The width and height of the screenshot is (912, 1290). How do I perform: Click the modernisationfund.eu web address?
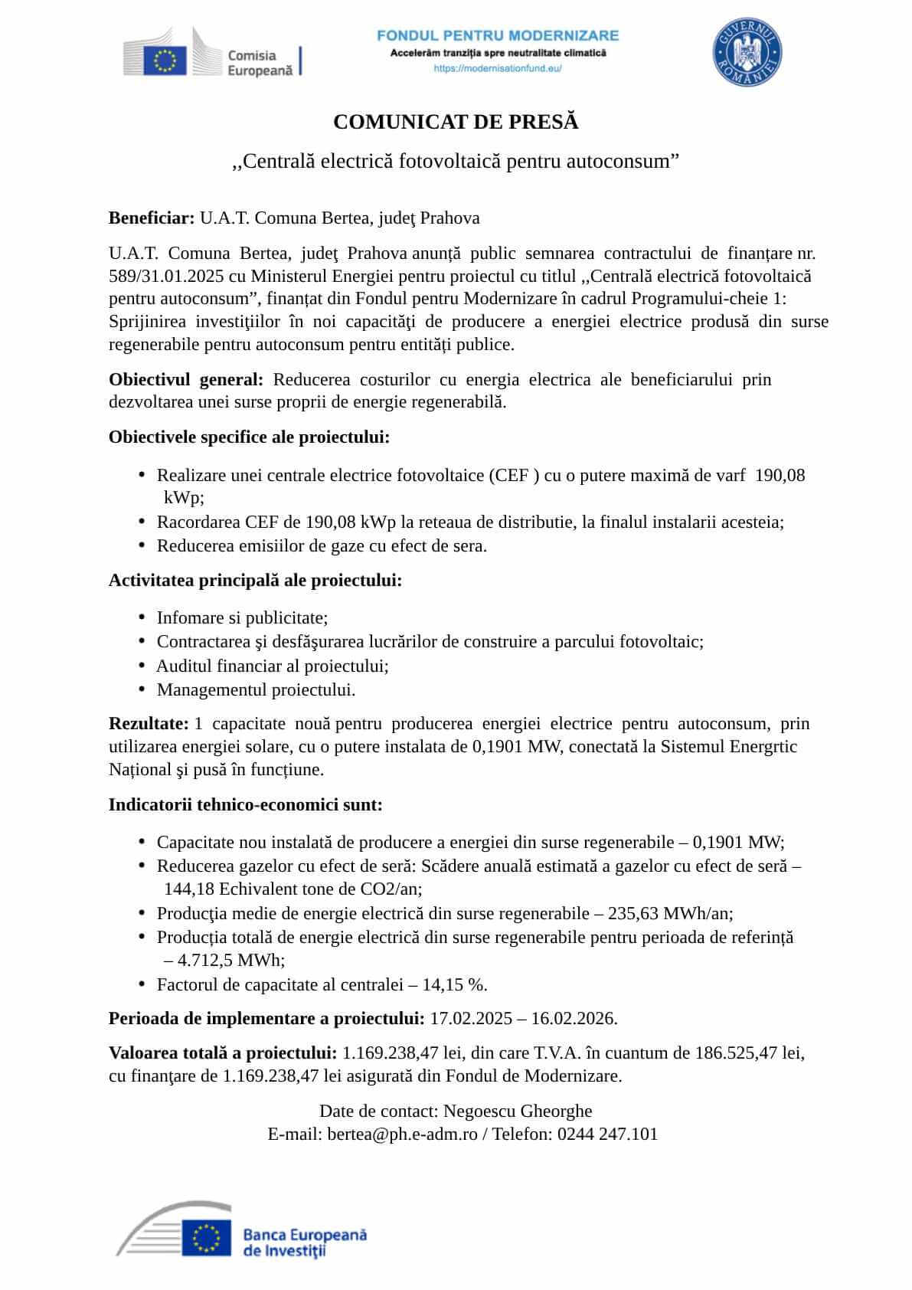tap(498, 68)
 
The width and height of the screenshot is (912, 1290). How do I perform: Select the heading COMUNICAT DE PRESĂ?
tap(456, 123)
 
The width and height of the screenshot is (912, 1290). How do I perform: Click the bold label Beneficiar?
tap(152, 218)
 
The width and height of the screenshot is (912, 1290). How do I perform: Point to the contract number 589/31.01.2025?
tap(166, 276)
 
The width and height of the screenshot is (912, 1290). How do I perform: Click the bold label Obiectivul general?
tap(186, 380)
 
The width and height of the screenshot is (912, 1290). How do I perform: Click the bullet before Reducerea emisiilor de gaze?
tap(142, 545)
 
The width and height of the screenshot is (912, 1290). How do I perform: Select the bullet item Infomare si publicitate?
tap(242, 618)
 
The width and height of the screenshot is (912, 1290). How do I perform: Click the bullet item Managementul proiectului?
tap(256, 690)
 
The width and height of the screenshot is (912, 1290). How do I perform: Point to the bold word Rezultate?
tap(149, 724)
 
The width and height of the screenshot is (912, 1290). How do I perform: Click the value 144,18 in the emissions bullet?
tap(189, 889)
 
